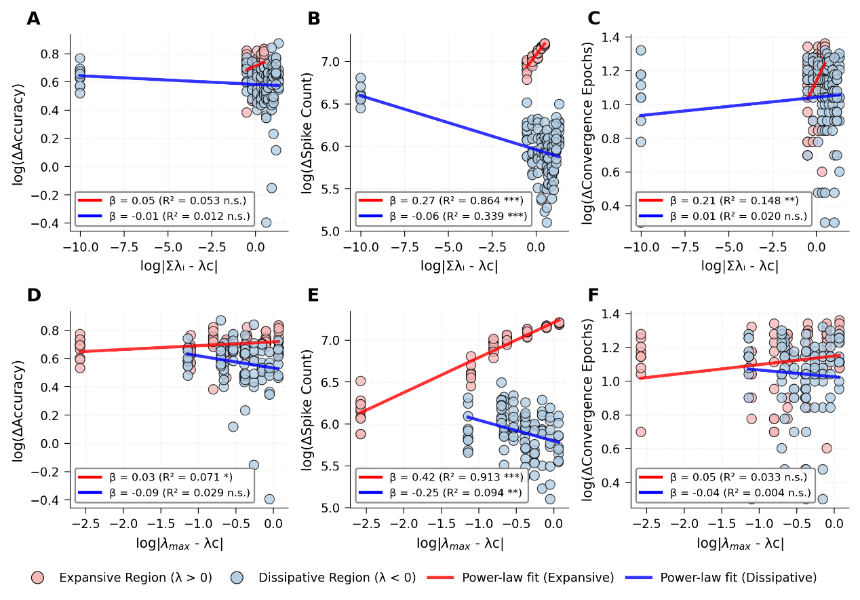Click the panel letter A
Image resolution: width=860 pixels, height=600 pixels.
[33, 19]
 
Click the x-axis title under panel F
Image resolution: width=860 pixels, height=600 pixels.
[740, 544]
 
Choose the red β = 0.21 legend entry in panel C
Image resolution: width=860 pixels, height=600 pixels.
[723, 201]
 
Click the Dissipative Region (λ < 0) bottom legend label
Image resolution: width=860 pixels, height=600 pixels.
[336, 578]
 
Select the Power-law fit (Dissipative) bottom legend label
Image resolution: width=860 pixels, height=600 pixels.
[738, 578]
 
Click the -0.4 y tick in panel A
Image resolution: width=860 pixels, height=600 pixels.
[52, 223]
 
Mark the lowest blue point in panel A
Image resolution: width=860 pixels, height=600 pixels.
[267, 222]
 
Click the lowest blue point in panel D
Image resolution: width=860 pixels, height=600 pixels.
[269, 499]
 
